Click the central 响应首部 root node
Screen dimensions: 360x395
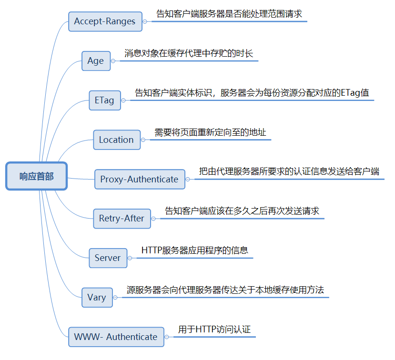click(x=37, y=176)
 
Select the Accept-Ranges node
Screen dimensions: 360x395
click(x=105, y=21)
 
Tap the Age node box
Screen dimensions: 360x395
click(x=95, y=61)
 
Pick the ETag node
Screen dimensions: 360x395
click(x=104, y=100)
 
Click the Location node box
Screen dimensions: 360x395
click(x=116, y=140)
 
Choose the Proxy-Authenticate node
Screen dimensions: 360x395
click(x=139, y=180)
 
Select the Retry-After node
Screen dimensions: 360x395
click(x=122, y=219)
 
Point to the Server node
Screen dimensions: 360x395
click(x=108, y=258)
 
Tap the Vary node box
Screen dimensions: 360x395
click(x=97, y=298)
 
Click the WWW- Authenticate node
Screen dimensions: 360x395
click(x=116, y=337)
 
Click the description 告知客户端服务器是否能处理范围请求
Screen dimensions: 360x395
click(x=229, y=14)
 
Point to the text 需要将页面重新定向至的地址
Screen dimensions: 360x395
click(x=210, y=132)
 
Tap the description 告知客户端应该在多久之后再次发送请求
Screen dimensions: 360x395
click(x=242, y=211)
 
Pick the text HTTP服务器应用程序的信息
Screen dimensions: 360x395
click(x=195, y=250)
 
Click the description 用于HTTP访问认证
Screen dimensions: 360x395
click(x=214, y=329)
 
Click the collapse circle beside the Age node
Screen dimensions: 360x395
click(x=113, y=61)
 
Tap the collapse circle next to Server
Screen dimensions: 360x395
click(x=131, y=258)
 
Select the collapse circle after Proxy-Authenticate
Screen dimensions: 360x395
click(x=188, y=180)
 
